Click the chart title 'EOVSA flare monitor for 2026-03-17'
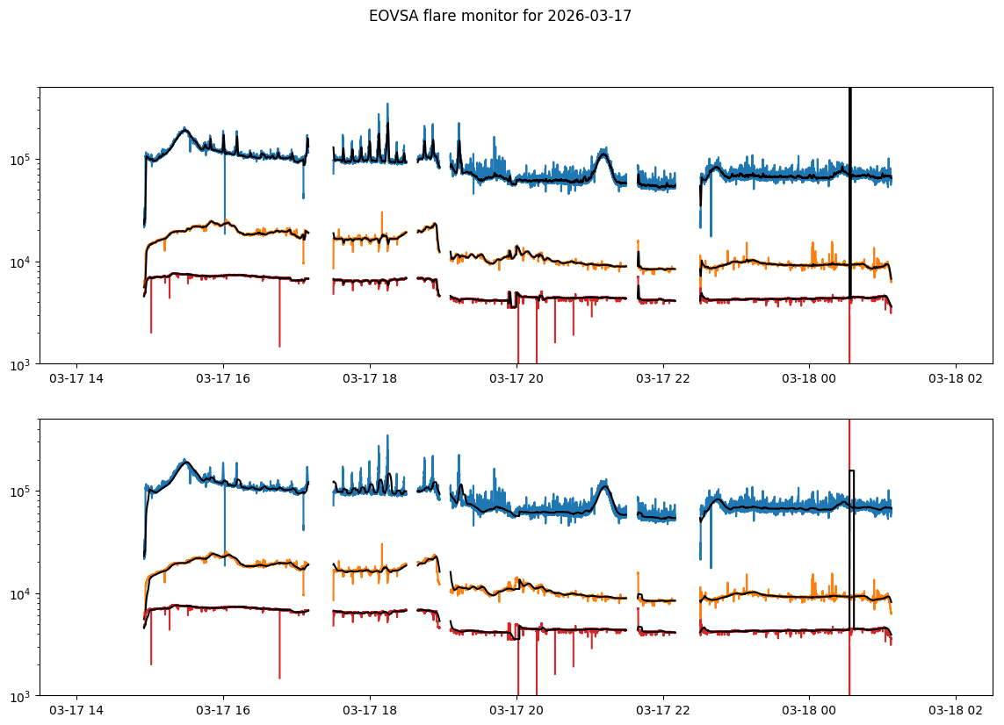point(500,15)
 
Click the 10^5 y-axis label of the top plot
point(21,160)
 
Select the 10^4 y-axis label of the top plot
point(21,262)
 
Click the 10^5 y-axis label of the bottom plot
point(21,492)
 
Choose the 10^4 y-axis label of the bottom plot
point(21,593)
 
